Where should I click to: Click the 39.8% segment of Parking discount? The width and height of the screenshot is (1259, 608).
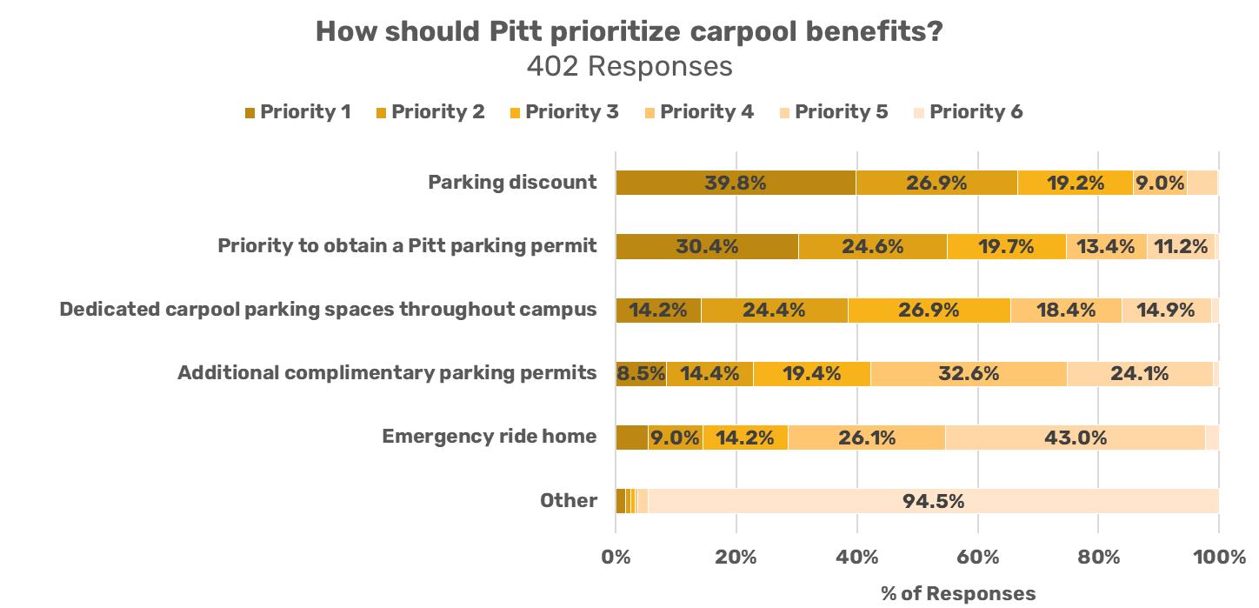click(736, 183)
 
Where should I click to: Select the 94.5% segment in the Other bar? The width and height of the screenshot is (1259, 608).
click(933, 501)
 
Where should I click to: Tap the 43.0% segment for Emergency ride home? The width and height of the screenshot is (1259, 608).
click(1075, 438)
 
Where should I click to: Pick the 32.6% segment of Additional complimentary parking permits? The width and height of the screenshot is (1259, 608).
click(969, 374)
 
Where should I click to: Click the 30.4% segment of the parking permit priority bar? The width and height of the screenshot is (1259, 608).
click(707, 246)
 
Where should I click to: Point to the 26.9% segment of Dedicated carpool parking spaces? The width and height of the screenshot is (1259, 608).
click(929, 310)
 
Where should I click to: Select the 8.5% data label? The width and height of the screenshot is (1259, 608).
click(641, 374)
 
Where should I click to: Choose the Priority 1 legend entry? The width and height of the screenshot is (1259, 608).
click(297, 112)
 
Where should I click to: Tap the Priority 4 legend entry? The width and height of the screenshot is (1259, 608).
click(698, 112)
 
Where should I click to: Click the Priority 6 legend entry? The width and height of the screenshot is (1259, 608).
click(968, 112)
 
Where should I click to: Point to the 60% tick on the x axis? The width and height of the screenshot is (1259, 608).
click(977, 558)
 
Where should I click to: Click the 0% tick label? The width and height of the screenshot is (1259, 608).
click(616, 558)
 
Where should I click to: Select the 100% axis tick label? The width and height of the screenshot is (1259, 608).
click(1218, 558)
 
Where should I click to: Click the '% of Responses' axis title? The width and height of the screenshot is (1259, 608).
click(958, 593)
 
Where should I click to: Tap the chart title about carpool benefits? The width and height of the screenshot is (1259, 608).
click(629, 32)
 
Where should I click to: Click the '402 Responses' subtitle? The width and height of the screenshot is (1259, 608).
click(629, 66)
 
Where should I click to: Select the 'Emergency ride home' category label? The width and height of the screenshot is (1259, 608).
click(490, 437)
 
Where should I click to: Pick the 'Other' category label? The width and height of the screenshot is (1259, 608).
click(568, 500)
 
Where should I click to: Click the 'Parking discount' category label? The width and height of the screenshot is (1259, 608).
click(512, 183)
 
